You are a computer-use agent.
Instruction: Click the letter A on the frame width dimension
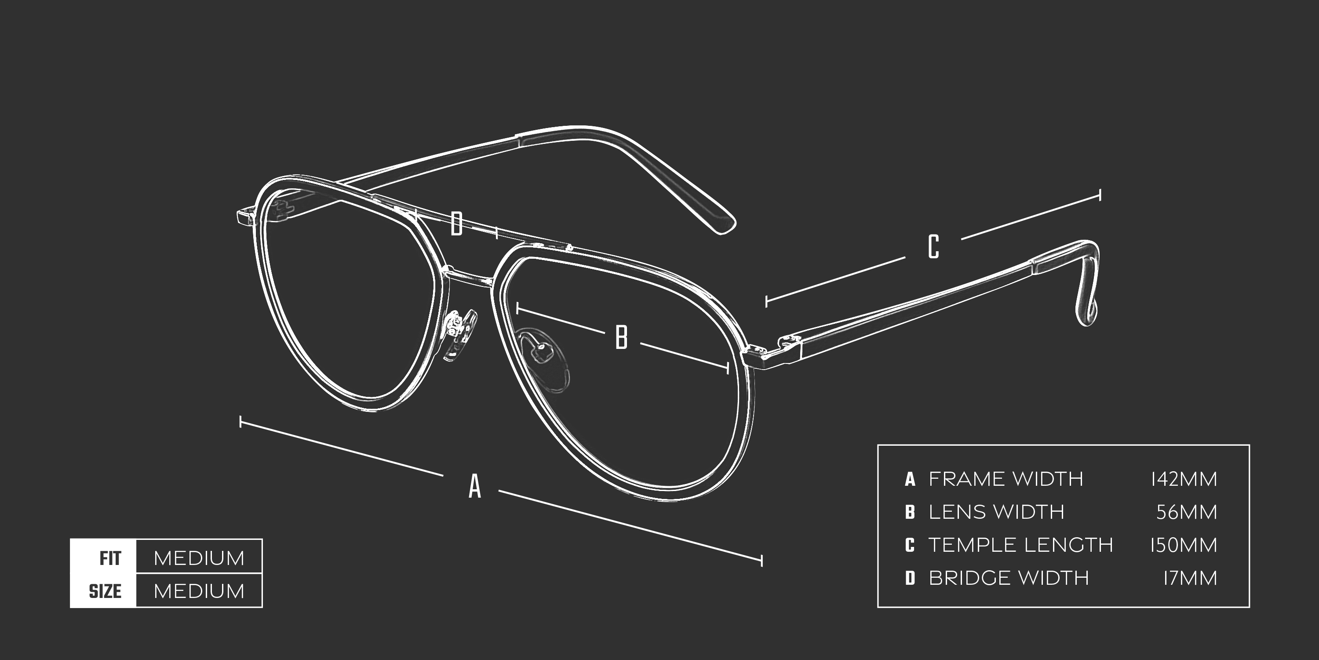475,486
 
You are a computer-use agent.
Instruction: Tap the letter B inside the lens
621,337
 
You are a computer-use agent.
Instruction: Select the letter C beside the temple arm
933,246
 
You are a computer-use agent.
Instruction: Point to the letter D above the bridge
456,224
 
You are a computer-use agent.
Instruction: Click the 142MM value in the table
1183,479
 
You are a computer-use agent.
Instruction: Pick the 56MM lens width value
1186,512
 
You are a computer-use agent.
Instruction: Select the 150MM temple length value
1183,545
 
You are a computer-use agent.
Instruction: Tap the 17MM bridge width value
1189,578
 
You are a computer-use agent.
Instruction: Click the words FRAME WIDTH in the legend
1006,479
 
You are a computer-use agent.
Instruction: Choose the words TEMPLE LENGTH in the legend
1020,545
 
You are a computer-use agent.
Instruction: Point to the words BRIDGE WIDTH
1008,578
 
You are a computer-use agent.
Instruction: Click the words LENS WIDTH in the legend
996,512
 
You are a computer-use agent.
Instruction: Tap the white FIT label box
103,557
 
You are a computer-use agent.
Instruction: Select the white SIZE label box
103,591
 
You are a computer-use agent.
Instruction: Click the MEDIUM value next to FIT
199,557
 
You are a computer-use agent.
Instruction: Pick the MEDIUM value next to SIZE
199,591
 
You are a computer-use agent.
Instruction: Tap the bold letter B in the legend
910,512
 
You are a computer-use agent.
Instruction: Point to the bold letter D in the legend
910,578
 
